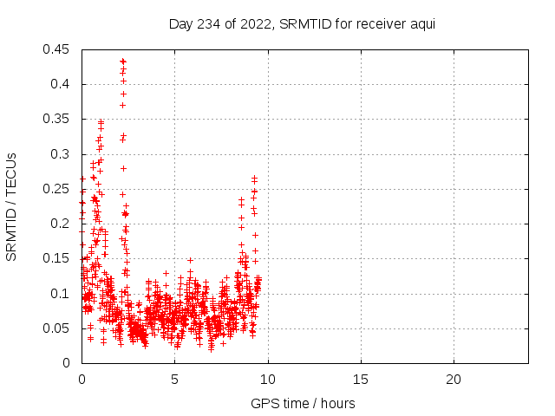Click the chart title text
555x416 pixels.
(302, 23)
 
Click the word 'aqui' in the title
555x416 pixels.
(421, 23)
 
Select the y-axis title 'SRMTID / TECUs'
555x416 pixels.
(12, 206)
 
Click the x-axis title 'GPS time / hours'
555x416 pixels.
(302, 403)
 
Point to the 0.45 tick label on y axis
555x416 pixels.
(57, 49)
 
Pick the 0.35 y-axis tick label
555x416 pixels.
(57, 119)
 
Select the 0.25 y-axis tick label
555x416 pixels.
(57, 189)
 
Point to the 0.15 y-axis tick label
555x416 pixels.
(57, 258)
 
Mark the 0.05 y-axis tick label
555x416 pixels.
(57, 328)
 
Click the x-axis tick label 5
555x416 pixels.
(174, 379)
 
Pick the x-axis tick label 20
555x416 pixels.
(454, 379)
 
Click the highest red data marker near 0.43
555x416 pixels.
(123, 61)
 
